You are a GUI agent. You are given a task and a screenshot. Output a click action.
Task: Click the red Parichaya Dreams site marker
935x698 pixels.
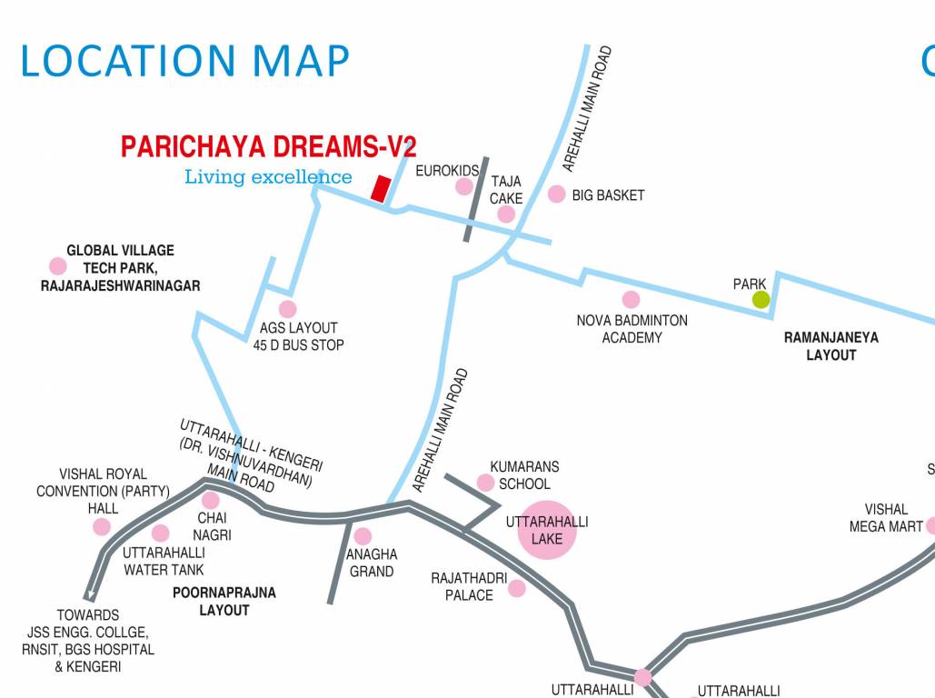pos(381,188)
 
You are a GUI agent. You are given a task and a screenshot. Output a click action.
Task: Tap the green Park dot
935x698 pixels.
pos(761,299)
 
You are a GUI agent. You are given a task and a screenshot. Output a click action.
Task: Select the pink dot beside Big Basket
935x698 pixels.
pos(557,194)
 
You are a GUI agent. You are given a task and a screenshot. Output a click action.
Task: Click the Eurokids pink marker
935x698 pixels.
pos(464,186)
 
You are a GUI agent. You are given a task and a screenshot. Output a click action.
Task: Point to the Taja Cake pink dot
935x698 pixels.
pos(506,214)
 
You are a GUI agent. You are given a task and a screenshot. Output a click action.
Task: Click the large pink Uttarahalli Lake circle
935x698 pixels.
pos(547,530)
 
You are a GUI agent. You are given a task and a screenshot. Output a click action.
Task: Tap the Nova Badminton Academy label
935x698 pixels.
pos(632,329)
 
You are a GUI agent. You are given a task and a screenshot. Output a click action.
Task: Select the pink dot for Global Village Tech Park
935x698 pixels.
pos(58,266)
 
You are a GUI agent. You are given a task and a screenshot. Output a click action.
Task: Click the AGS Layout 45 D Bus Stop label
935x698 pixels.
pos(298,336)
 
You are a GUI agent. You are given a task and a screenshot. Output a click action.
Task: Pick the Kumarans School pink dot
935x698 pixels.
pos(486,483)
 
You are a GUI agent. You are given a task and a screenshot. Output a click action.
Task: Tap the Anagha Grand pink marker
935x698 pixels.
pos(363,536)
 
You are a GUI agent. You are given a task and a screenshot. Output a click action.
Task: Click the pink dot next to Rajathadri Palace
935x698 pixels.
pos(517,588)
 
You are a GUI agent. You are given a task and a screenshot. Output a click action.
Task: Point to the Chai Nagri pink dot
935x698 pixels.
pos(211,500)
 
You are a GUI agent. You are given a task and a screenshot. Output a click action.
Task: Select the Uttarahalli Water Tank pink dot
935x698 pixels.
pos(161,533)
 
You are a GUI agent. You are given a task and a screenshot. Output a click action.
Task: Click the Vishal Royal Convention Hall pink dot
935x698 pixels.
pos(102,527)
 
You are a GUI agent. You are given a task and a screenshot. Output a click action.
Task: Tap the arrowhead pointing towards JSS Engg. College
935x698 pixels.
pos(90,595)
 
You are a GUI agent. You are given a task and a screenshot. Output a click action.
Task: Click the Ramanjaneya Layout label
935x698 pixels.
pos(831,346)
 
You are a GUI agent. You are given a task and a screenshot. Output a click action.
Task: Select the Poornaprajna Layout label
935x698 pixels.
pos(224,602)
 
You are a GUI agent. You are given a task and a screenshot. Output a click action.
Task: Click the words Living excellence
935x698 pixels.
pos(268,176)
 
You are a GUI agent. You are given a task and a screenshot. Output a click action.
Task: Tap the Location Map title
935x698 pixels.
pos(184,61)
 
